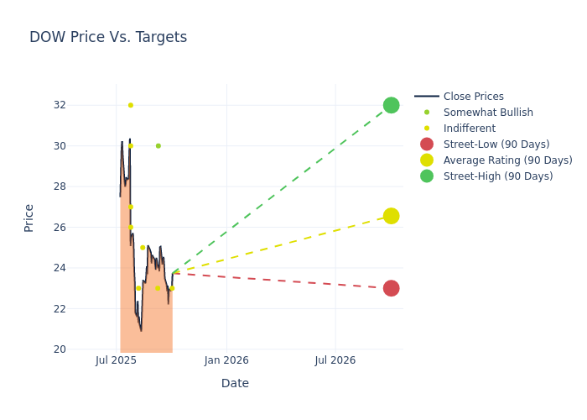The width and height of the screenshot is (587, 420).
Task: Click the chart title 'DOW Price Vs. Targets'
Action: click(x=108, y=38)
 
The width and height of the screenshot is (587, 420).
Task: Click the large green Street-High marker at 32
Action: click(x=391, y=105)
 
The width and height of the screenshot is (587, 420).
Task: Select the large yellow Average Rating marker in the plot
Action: click(x=391, y=216)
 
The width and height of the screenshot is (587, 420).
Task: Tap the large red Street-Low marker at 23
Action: click(x=391, y=288)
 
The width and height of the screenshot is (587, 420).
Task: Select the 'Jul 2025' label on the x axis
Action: click(x=117, y=360)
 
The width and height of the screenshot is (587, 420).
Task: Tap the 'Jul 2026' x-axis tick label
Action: click(x=335, y=360)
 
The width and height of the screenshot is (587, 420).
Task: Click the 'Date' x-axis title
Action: click(x=235, y=384)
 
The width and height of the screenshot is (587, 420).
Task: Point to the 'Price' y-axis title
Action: click(x=29, y=218)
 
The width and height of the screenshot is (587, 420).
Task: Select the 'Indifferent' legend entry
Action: click(x=469, y=129)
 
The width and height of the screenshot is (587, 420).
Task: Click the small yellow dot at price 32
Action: click(x=130, y=105)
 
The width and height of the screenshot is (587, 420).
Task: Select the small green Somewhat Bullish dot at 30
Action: click(x=158, y=146)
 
